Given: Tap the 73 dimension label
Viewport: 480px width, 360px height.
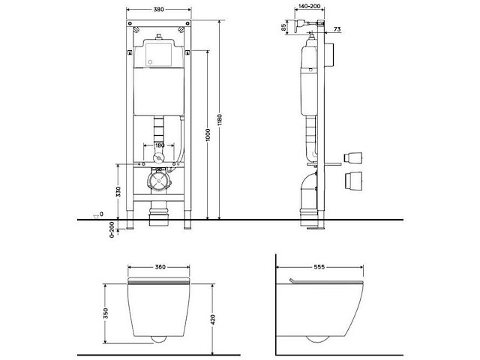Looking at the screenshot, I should [337, 28].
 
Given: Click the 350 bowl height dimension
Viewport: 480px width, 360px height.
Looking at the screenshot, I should [106, 311].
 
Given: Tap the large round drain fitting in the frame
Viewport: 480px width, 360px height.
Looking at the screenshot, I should [159, 181].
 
